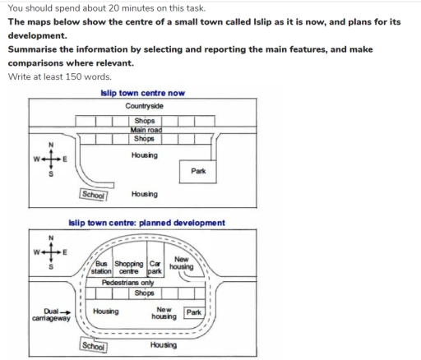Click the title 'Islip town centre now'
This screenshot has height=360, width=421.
click(x=142, y=93)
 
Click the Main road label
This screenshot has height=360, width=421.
click(x=144, y=129)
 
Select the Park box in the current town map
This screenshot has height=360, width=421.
click(x=197, y=171)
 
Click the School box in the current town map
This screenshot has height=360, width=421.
click(x=94, y=195)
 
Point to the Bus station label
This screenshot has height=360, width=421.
click(x=107, y=266)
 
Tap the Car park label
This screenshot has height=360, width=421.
click(x=154, y=266)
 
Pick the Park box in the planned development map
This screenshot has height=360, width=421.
click(x=194, y=312)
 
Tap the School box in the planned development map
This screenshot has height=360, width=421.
click(x=94, y=346)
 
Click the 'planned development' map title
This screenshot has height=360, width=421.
click(x=147, y=223)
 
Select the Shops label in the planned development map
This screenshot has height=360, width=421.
click(x=144, y=293)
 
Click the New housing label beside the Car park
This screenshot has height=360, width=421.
click(x=181, y=263)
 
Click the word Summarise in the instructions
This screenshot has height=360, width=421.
click(x=37, y=49)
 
